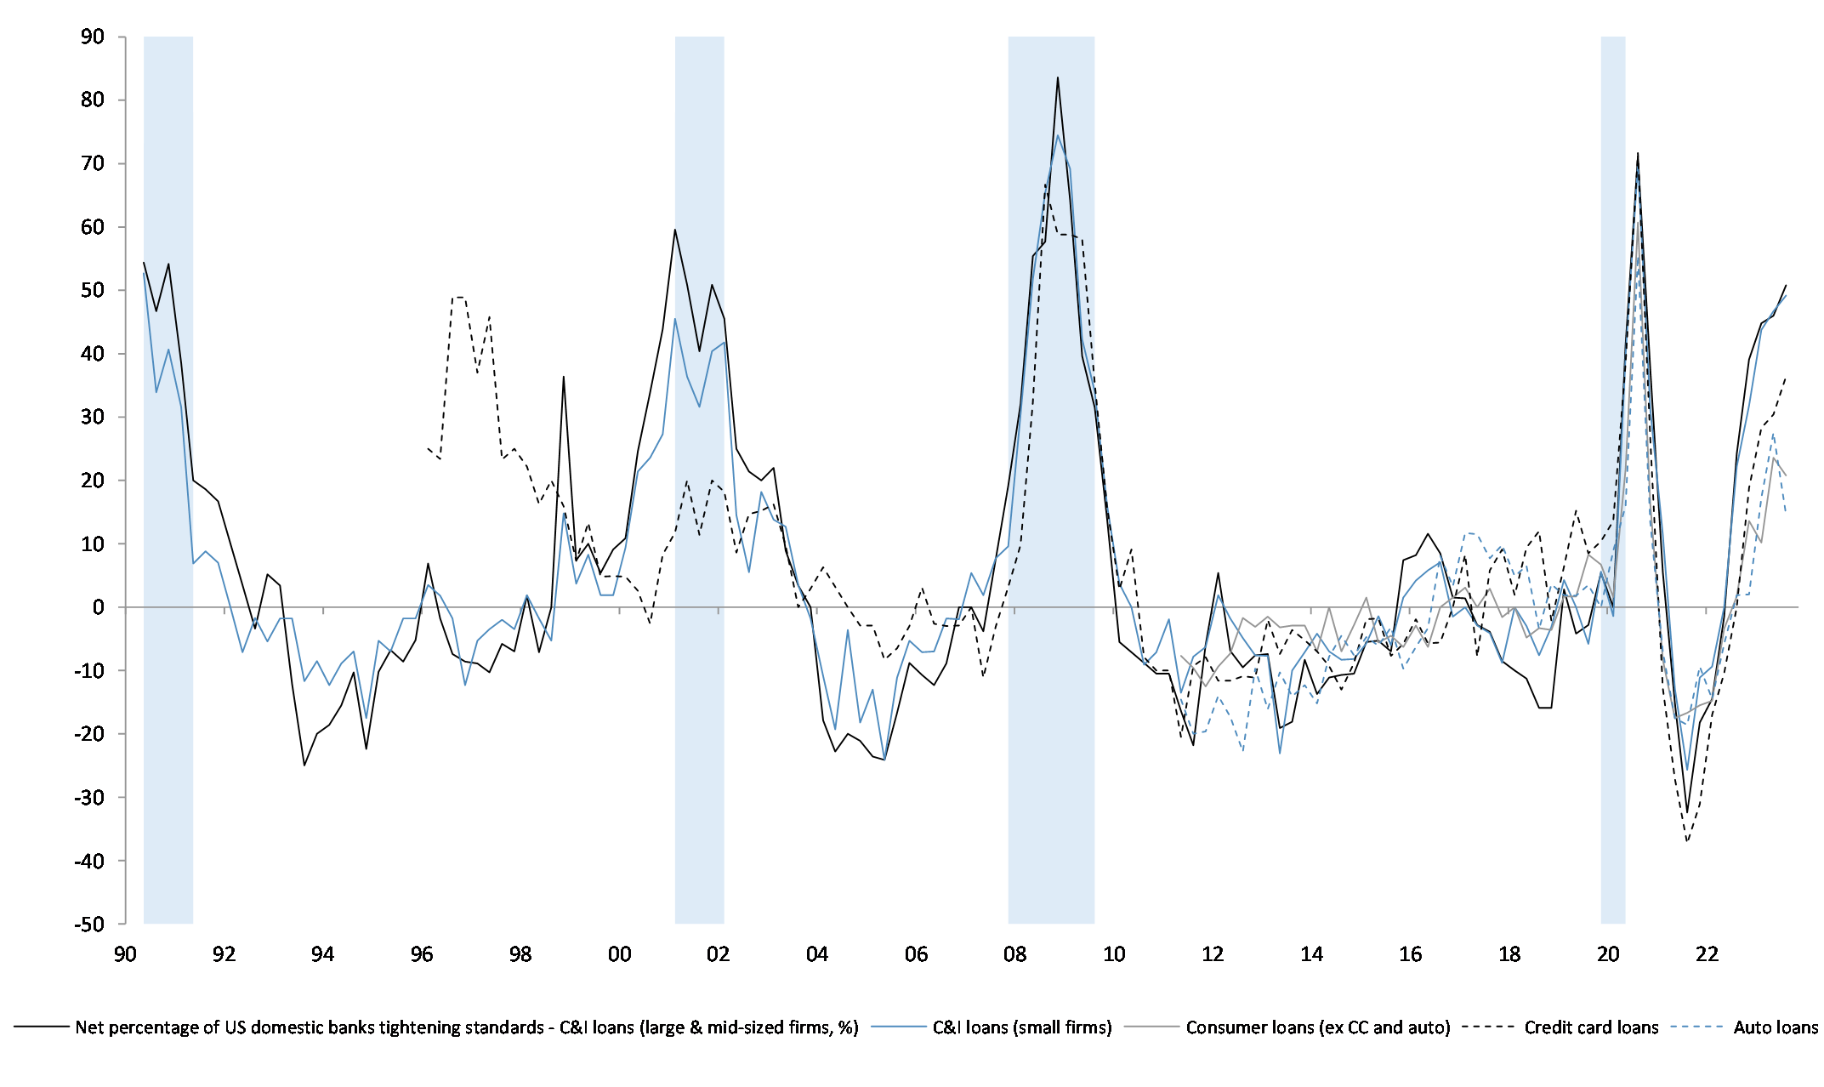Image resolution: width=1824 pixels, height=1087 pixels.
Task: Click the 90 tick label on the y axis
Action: pyautogui.click(x=93, y=37)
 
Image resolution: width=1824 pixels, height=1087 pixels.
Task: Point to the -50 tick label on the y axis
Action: pyautogui.click(x=88, y=924)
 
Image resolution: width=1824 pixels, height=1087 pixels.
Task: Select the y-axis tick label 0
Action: pyautogui.click(x=99, y=607)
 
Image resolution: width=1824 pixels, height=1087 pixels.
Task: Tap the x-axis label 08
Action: pyautogui.click(x=1015, y=954)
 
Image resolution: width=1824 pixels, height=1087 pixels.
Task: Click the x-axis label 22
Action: pyautogui.click(x=1708, y=954)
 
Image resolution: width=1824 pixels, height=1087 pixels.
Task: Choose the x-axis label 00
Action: pyautogui.click(x=619, y=954)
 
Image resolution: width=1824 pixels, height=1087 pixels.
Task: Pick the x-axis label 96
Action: pyautogui.click(x=422, y=954)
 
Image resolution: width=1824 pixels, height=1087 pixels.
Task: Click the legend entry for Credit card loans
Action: pyautogui.click(x=1591, y=1027)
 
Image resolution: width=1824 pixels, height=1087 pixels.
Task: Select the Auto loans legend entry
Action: pyautogui.click(x=1776, y=1027)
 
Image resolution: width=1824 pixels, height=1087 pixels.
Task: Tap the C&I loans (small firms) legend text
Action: pyautogui.click(x=1022, y=1027)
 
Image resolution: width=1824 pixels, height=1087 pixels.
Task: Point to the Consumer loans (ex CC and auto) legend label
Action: pyautogui.click(x=1318, y=1027)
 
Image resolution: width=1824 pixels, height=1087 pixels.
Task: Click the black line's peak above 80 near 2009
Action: pyautogui.click(x=1057, y=77)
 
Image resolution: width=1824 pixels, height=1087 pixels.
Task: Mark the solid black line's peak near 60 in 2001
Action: pyautogui.click(x=674, y=230)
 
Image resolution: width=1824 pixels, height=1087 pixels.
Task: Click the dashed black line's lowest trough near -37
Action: pyautogui.click(x=1687, y=841)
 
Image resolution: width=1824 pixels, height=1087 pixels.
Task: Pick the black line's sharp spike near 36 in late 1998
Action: pyautogui.click(x=563, y=377)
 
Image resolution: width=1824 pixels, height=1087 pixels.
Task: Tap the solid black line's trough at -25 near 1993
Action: pyautogui.click(x=304, y=765)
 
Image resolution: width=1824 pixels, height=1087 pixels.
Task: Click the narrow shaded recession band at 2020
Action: pyautogui.click(x=1613, y=476)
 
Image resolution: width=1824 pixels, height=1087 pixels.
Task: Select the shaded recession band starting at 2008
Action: pyautogui.click(x=1051, y=476)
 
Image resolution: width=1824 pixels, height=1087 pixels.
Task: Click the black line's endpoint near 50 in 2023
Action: pyautogui.click(x=1786, y=286)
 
